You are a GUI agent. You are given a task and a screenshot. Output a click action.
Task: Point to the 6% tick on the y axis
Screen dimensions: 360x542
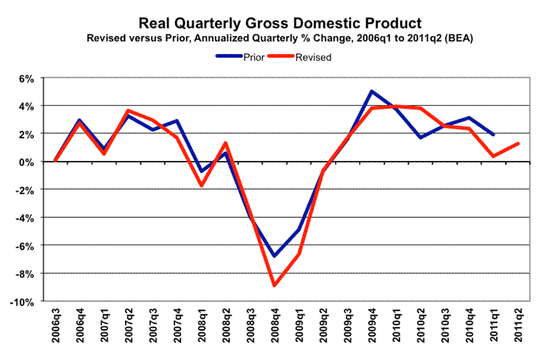26,78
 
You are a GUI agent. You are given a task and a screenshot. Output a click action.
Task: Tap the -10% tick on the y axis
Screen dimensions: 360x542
23,301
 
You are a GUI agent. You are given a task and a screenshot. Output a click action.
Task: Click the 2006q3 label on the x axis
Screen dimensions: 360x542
57,331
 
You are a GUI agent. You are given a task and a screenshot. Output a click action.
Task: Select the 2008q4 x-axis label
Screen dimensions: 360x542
276,331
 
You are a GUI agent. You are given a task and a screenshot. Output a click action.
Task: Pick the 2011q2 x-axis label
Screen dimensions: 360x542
519,331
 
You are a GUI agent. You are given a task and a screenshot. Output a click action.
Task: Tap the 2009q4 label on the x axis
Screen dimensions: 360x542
373,331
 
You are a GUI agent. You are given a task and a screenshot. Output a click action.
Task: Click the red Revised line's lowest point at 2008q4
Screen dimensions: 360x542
275,285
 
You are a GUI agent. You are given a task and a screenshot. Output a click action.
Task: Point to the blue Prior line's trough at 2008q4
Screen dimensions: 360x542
275,256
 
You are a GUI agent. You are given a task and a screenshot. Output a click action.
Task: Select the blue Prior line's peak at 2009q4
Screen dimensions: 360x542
372,92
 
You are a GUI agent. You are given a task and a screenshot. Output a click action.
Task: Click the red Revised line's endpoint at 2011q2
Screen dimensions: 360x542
519,144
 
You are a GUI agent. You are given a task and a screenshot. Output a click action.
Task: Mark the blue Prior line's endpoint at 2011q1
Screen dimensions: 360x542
494,135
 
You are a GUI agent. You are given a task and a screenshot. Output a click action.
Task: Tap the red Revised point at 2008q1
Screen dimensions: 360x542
202,185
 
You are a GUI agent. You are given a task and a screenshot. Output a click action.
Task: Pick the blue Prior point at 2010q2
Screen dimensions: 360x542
421,138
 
